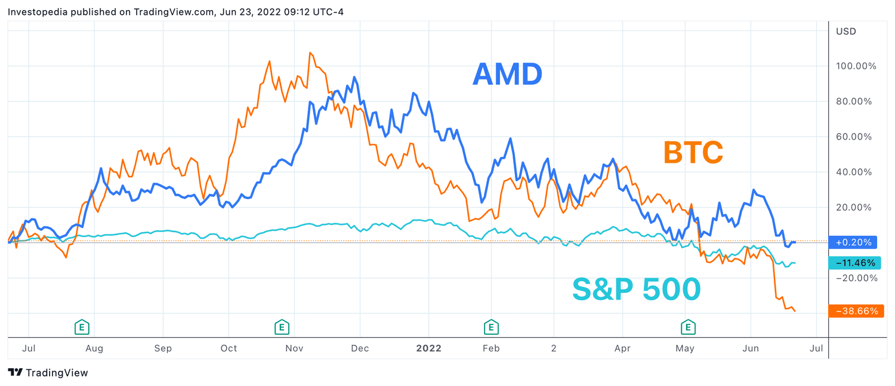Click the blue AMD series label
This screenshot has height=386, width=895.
pyautogui.click(x=507, y=74)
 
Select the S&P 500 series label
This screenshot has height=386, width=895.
pyautogui.click(x=636, y=289)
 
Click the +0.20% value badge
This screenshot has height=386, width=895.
pyautogui.click(x=853, y=242)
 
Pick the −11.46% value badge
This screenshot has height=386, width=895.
pyautogui.click(x=854, y=263)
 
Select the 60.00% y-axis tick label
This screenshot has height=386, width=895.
pyautogui.click(x=856, y=137)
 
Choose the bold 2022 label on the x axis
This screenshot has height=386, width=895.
pyautogui.click(x=428, y=348)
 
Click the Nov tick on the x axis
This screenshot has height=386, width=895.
pyautogui.click(x=293, y=348)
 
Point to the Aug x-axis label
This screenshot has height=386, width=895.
pyautogui.click(x=95, y=348)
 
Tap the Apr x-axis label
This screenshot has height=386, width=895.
pyautogui.click(x=622, y=348)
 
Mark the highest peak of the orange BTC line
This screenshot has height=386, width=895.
pyautogui.click(x=310, y=53)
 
